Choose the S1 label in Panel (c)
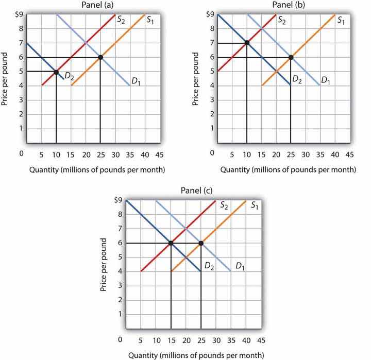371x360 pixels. pos(255,206)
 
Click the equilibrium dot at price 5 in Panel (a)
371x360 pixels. pos(56,72)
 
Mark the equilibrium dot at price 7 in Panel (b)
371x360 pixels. pos(247,43)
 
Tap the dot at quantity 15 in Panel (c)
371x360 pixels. pos(171,243)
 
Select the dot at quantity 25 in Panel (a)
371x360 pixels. pos(100,57)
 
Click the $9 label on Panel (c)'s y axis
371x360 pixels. pos(118,199)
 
